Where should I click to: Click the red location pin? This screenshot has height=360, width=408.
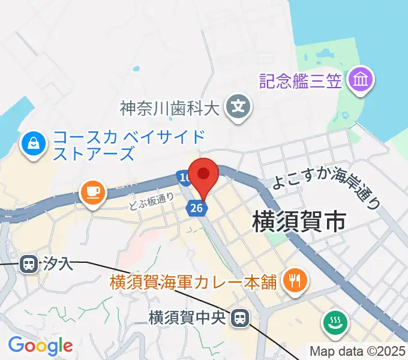click(x=204, y=175)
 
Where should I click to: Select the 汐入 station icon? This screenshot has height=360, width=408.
click(x=28, y=263)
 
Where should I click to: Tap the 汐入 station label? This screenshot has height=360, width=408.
click(x=58, y=263)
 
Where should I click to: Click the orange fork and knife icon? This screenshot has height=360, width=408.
click(x=295, y=279)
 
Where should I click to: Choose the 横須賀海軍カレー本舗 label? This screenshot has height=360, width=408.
click(x=193, y=281)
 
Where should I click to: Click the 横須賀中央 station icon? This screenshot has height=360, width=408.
click(x=241, y=317)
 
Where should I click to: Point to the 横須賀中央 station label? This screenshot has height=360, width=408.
click(x=189, y=317)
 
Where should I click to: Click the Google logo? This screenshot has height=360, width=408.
click(x=40, y=346)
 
